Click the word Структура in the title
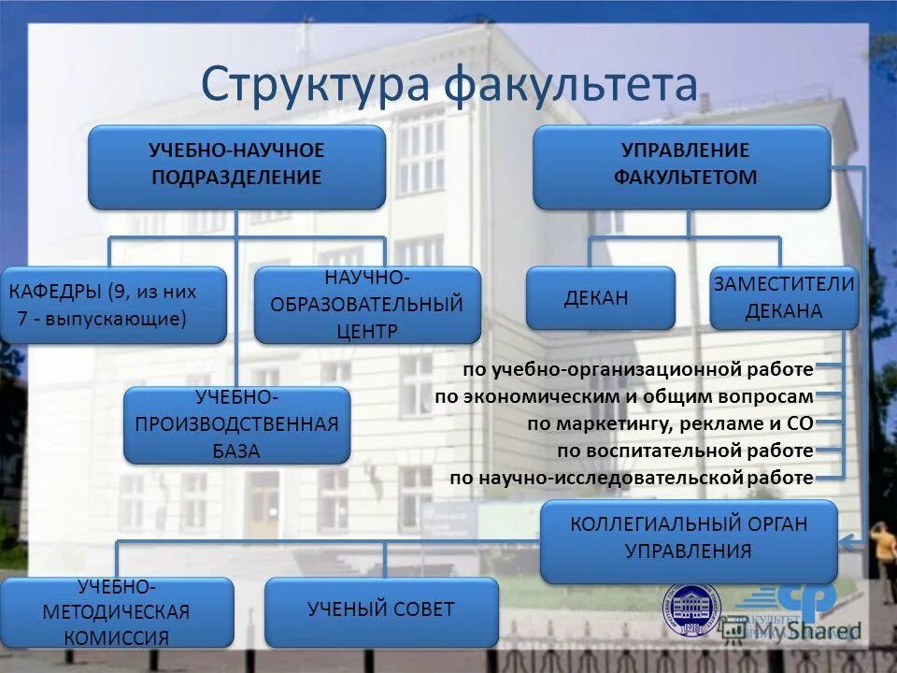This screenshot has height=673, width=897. click(314, 83)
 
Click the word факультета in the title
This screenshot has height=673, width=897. click(570, 83)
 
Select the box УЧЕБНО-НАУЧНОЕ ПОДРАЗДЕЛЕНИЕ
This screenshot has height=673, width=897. click(236, 166)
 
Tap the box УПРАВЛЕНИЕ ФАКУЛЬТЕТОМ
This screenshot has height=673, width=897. click(681, 166)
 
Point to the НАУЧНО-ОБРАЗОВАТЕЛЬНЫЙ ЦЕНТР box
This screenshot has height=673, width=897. click(367, 305)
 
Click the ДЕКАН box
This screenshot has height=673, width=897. click(600, 298)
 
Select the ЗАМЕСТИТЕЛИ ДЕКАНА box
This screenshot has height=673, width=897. click(784, 298)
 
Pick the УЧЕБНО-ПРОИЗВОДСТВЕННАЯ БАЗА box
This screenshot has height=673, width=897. click(236, 425)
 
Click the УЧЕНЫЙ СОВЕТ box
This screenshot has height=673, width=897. click(381, 611)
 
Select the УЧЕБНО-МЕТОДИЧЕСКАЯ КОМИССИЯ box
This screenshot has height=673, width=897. click(117, 613)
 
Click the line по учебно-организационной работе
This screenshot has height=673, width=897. click(638, 369)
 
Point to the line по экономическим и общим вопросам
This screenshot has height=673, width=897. click(624, 396)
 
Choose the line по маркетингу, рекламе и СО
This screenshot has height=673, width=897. click(670, 423)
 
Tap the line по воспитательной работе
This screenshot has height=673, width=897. click(685, 451)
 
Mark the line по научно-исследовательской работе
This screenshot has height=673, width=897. click(632, 479)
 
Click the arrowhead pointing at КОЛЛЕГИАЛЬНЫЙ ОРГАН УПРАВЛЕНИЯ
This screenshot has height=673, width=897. click(847, 540)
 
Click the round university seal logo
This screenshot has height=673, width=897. click(692, 612)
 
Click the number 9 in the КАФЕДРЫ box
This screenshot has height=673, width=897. click(118, 291)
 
